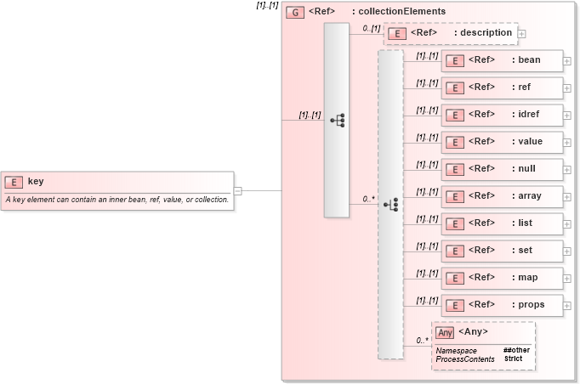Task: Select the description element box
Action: (451, 33)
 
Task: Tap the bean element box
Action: (502, 60)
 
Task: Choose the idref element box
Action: (502, 115)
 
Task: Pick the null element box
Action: (502, 169)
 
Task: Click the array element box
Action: (502, 196)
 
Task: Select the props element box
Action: (502, 305)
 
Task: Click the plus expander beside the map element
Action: (566, 278)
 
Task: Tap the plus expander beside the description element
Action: (522, 34)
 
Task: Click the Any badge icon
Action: (445, 332)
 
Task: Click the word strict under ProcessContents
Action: (513, 359)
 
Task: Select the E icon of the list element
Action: (455, 223)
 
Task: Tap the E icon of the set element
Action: (455, 251)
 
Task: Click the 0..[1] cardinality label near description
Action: (371, 28)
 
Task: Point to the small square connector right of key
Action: (237, 190)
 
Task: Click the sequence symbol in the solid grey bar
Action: (337, 120)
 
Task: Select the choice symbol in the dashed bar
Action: (391, 204)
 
